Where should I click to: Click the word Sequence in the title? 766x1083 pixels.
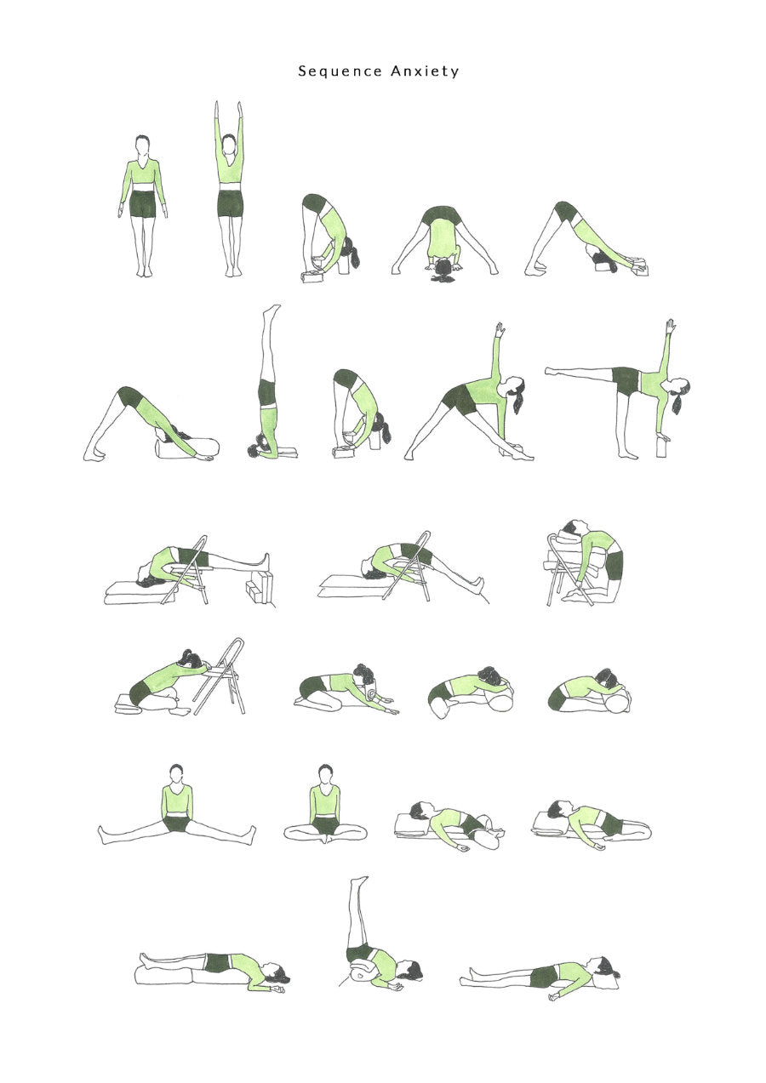point(340,71)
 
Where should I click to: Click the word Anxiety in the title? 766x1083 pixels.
point(425,71)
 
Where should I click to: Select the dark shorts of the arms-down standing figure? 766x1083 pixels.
point(142,203)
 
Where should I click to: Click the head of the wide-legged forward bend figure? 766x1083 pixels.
point(443,268)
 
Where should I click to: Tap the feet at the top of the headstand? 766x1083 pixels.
point(272,309)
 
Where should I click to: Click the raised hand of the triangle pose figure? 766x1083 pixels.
point(500,328)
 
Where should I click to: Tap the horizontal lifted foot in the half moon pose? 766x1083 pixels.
point(551,371)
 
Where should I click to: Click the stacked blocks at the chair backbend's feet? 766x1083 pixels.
point(260,586)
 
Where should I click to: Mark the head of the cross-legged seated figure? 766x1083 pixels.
point(325,774)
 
